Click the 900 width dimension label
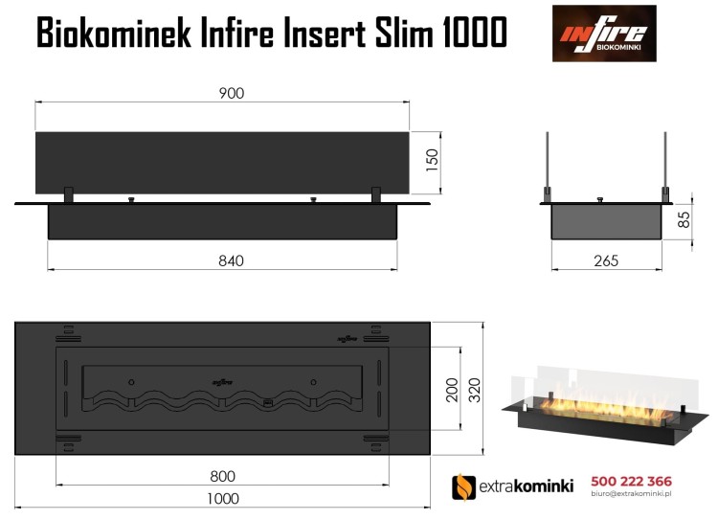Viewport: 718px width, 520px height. tap(231, 93)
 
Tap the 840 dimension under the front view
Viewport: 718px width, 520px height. tap(231, 260)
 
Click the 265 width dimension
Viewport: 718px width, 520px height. tap(605, 260)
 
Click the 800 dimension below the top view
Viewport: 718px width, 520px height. tap(222, 476)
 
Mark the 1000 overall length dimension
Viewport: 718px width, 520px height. tap(222, 498)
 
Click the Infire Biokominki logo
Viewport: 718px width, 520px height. tap(604, 34)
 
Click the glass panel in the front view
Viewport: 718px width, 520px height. tap(222, 163)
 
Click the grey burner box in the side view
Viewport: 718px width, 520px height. tap(605, 221)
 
